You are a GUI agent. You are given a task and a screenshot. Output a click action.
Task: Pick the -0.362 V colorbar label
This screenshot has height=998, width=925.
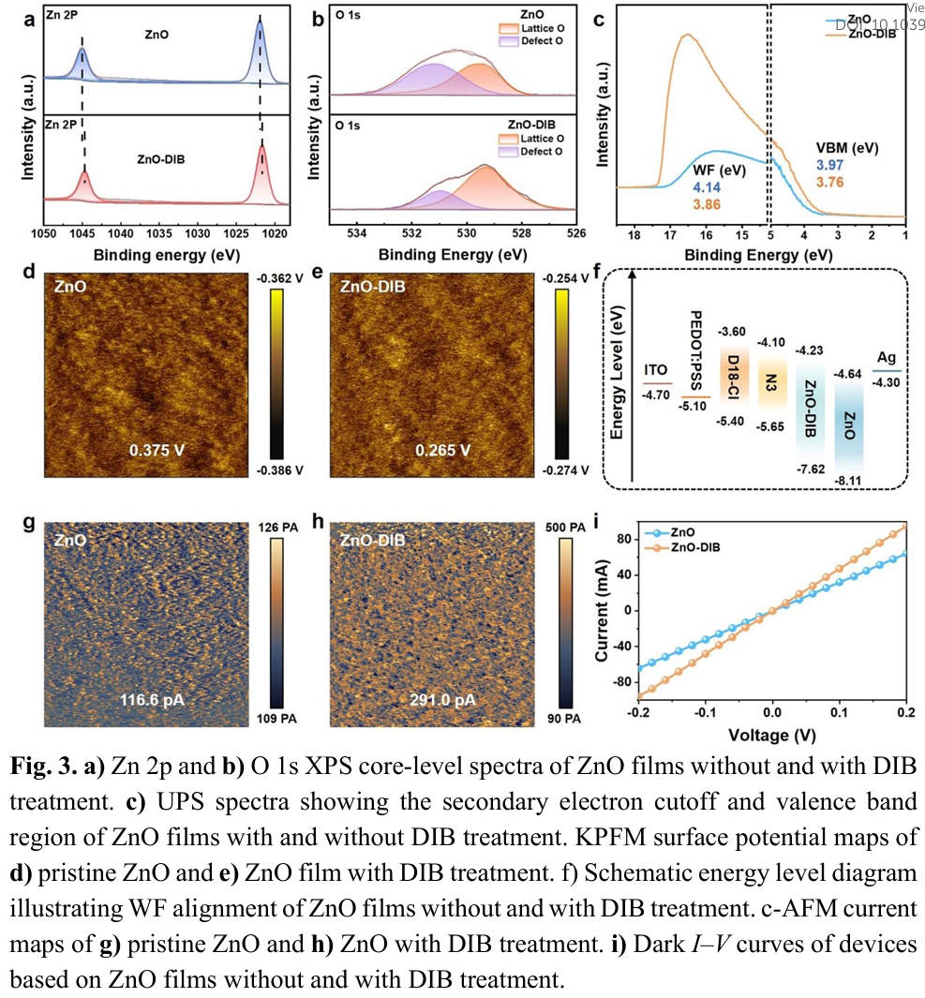tap(280, 278)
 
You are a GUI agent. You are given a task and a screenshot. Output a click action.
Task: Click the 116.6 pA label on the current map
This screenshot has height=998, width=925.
tap(156, 699)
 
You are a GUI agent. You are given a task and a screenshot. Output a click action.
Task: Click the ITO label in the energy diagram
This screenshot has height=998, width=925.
tap(657, 371)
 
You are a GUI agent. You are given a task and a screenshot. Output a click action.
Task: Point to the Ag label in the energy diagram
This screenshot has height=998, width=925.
tap(887, 357)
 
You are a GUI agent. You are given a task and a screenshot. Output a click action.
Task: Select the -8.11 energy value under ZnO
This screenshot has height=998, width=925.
tap(850, 478)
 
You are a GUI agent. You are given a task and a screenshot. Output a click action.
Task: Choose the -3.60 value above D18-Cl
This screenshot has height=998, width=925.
tap(730, 332)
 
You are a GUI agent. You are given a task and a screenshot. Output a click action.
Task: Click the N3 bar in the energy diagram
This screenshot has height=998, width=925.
tap(770, 381)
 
